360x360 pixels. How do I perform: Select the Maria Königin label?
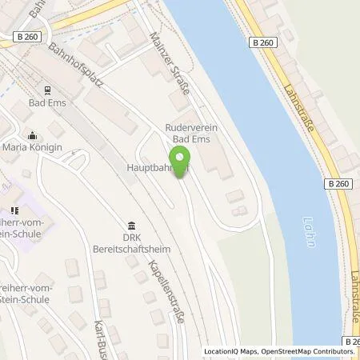click(31, 148)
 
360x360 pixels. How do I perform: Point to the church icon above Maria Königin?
click(31, 134)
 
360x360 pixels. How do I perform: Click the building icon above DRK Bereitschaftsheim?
click(131, 226)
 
